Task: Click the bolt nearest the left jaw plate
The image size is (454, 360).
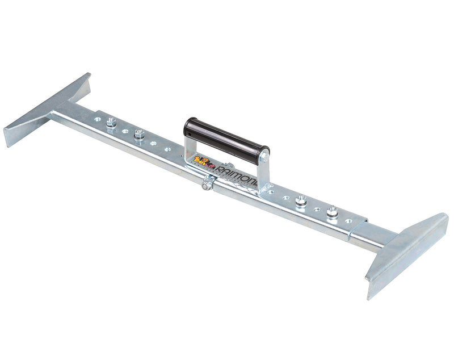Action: coord(111,122)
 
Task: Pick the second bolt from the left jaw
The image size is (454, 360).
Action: coord(139,135)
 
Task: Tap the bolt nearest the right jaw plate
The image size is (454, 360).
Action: coord(331,211)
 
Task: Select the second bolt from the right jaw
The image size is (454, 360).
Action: coord(301,200)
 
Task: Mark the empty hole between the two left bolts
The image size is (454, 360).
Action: coord(125,131)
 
